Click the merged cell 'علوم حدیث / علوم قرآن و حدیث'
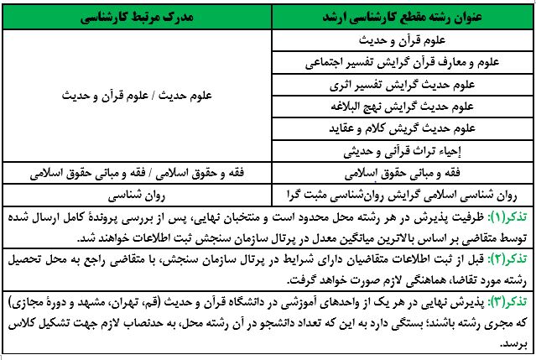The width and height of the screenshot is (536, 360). pyautogui.click(x=138, y=96)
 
